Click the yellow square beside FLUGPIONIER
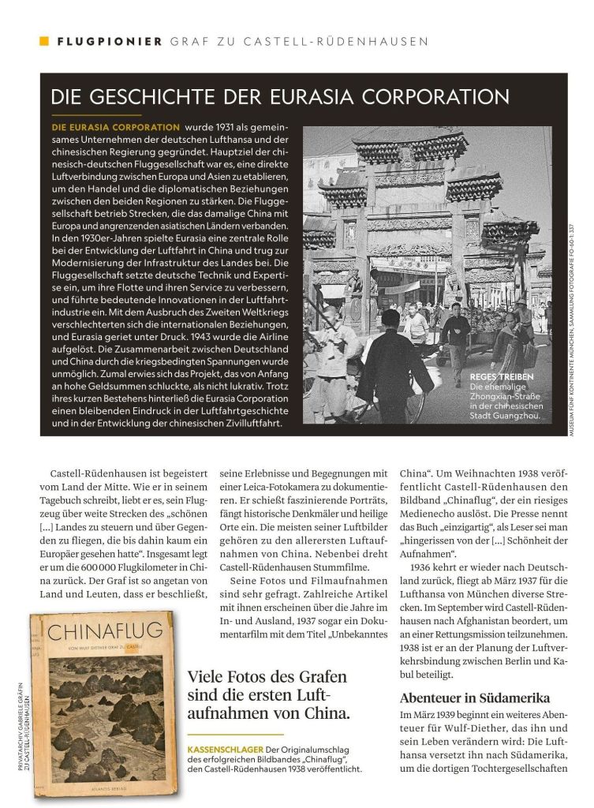point(44,41)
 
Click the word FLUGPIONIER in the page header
point(110,41)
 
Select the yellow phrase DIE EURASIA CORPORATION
point(115,128)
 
